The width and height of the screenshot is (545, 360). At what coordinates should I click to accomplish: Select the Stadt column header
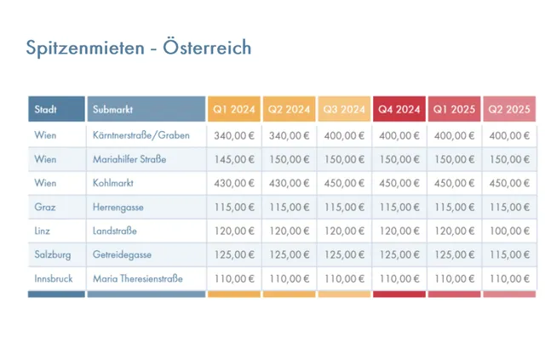coord(46,110)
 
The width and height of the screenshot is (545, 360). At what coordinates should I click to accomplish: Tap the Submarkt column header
coord(112,110)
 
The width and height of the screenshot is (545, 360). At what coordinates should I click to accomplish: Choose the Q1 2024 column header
coord(234,110)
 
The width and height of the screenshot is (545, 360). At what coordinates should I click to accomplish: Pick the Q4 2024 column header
coord(399,110)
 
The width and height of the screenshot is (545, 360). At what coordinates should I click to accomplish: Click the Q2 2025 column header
coord(508,110)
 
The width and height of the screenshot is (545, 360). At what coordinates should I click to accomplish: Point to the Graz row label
coord(45,207)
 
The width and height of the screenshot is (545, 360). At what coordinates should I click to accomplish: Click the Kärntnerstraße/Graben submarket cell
coord(141,135)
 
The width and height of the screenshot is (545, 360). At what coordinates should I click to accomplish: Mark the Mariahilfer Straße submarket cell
coord(129,159)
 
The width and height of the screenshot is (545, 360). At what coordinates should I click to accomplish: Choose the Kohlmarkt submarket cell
coord(113,183)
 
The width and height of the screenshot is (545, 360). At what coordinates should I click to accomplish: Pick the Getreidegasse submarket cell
coord(124,254)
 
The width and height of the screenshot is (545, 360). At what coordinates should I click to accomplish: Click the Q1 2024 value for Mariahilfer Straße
coord(234,159)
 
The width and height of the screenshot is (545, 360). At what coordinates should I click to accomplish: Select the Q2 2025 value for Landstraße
coord(509,231)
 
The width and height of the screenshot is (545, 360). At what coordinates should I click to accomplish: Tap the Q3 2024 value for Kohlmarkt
coord(344,183)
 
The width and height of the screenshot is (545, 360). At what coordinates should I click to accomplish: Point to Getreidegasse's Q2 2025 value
coord(509,254)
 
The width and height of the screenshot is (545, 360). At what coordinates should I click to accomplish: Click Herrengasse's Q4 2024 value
coord(399,207)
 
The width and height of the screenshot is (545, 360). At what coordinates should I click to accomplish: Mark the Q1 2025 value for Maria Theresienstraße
coord(455,278)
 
